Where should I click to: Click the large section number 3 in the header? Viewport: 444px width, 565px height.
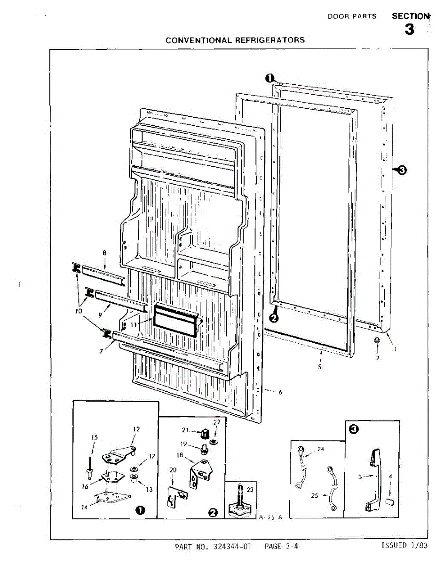(x=410, y=30)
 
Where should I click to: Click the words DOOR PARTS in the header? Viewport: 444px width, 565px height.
(x=352, y=16)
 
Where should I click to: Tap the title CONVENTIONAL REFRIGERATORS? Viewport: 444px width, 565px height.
(x=235, y=40)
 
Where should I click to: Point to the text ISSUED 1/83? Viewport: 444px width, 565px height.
(x=404, y=546)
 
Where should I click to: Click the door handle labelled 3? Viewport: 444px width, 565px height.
(x=374, y=480)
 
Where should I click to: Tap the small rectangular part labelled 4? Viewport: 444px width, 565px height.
(x=388, y=502)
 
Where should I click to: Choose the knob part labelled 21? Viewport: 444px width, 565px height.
(x=205, y=433)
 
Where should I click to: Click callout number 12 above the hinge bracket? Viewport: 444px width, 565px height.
(x=136, y=429)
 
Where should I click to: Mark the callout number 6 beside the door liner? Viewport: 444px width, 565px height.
(x=280, y=392)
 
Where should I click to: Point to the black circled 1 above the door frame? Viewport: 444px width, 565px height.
(x=270, y=78)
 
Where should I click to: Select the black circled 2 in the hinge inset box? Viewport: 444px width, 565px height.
(x=213, y=512)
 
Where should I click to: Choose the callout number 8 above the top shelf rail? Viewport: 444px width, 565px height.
(x=104, y=253)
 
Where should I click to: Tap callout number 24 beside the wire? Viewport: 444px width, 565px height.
(x=321, y=449)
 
